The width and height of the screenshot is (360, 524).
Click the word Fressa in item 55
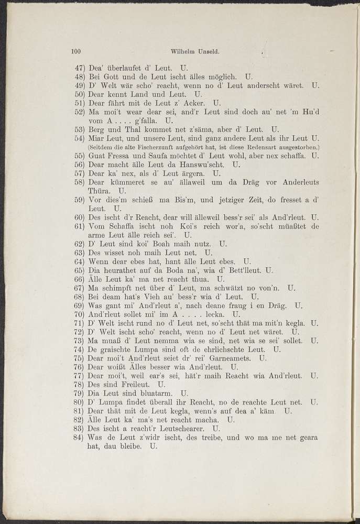(124, 156)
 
